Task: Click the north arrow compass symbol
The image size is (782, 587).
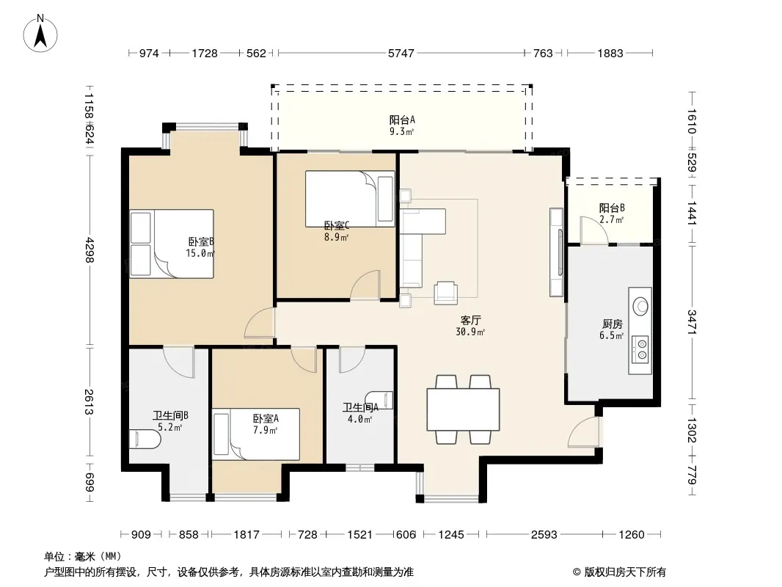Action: tap(40, 34)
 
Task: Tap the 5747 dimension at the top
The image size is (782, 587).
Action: tap(401, 53)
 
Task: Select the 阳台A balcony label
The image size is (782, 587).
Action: tap(402, 125)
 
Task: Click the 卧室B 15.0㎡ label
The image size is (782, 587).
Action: tap(200, 247)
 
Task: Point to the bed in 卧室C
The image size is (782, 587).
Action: tap(350, 199)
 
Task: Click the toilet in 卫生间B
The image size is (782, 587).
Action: tap(145, 439)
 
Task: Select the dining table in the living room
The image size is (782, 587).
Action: tap(463, 409)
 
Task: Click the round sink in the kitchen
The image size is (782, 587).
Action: tap(640, 305)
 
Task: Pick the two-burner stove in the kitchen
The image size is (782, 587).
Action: tap(640, 348)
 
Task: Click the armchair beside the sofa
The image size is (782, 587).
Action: tap(445, 293)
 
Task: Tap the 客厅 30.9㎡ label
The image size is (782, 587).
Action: tap(470, 326)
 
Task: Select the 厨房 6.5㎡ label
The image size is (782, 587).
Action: tap(611, 329)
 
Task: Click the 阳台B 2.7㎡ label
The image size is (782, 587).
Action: tap(611, 214)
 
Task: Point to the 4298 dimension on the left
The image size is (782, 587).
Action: tap(89, 250)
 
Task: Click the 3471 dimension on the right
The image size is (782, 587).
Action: tap(692, 322)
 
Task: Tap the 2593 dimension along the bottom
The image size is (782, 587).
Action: tap(544, 535)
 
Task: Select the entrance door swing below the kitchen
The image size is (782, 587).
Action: tap(584, 432)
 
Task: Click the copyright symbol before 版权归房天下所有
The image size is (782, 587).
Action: tap(577, 572)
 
